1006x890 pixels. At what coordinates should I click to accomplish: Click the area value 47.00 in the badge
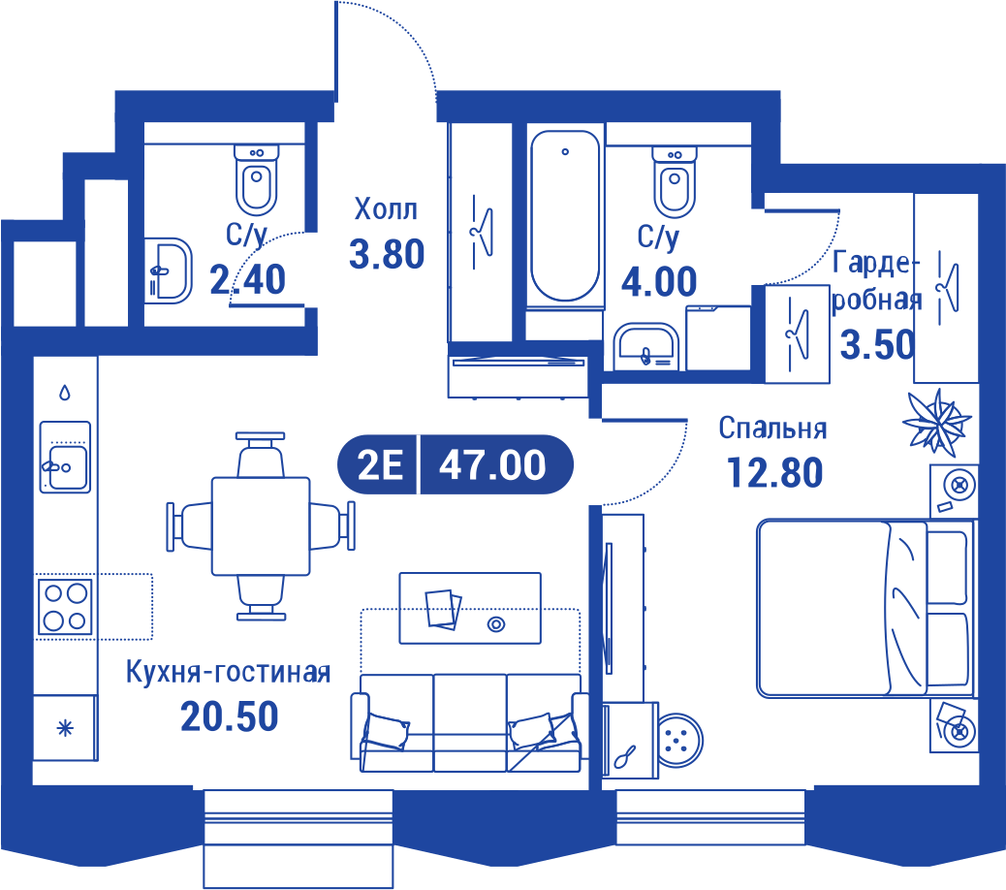click(492, 464)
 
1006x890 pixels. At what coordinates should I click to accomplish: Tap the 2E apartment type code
click(380, 464)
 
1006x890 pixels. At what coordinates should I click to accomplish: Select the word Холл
click(386, 209)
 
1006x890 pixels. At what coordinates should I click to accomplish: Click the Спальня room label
click(772, 428)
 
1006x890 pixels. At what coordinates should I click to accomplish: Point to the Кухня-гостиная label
click(229, 672)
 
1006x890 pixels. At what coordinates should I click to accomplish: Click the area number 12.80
click(774, 473)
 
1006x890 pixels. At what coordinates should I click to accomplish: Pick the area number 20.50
click(229, 716)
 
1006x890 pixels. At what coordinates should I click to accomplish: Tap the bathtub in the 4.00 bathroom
click(565, 215)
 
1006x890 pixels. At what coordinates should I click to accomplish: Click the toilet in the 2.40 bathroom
click(257, 180)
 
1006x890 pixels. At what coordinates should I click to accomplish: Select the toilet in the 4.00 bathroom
click(675, 182)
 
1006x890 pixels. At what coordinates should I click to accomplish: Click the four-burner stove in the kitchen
click(65, 606)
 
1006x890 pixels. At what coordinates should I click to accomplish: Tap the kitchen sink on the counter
click(66, 457)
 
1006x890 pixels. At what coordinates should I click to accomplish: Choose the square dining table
click(261, 526)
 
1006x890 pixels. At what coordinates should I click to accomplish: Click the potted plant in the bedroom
click(937, 423)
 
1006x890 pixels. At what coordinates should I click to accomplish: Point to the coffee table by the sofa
click(470, 608)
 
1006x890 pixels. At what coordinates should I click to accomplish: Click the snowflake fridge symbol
click(66, 728)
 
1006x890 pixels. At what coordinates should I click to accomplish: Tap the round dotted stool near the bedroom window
click(680, 741)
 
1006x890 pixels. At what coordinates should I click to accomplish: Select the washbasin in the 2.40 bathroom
click(168, 270)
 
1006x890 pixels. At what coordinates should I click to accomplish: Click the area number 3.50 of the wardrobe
click(878, 344)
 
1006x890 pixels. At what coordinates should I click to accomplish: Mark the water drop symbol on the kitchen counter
click(65, 392)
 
